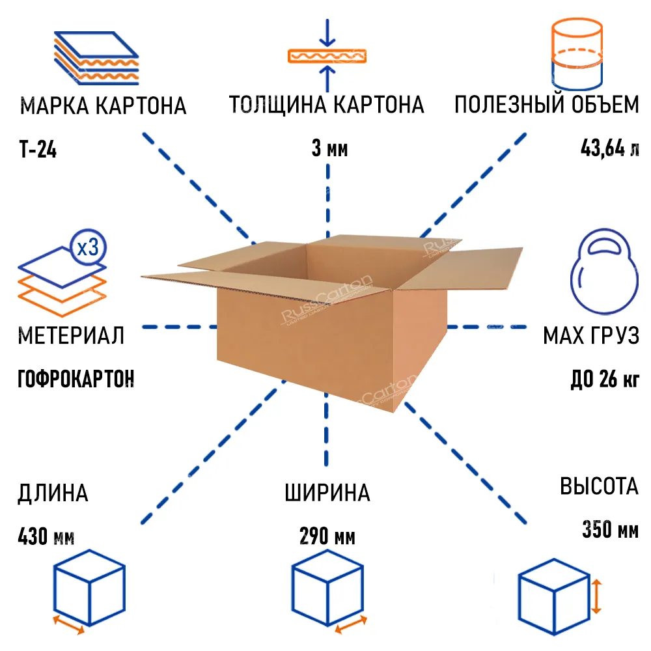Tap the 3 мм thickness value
329,149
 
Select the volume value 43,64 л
609,149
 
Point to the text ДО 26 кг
604,378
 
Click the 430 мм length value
46,538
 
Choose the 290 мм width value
327,538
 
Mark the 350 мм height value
610,530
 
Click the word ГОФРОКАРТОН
76,378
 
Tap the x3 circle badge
87,248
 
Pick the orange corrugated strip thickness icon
328,56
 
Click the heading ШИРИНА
327,493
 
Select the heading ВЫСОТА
599,486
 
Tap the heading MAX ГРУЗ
591,336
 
